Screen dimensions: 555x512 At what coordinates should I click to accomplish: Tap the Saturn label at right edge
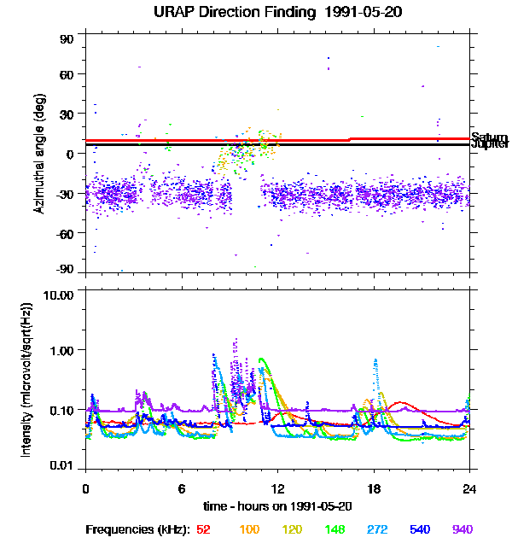[x=489, y=137]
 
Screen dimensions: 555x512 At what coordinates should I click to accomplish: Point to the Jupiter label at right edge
[x=489, y=144]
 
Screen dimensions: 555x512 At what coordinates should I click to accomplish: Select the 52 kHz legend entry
[x=203, y=530]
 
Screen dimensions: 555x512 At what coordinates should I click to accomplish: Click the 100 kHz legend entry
[x=249, y=530]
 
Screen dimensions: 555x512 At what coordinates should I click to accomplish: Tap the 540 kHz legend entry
[x=421, y=530]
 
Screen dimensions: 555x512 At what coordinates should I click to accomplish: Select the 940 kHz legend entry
[x=462, y=530]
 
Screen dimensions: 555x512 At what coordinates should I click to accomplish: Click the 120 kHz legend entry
[x=294, y=530]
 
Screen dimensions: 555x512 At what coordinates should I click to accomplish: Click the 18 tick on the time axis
[x=373, y=489]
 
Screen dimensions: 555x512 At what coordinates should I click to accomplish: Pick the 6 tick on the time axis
[x=182, y=489]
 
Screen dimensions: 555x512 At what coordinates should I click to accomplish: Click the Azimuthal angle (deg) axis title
[x=39, y=154]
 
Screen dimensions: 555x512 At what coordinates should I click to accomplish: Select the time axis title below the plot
[x=277, y=506]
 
